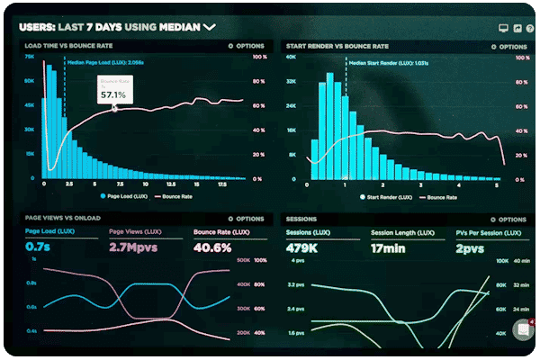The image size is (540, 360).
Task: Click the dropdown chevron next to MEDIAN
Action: coord(210,27)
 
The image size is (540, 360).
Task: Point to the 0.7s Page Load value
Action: coord(38,246)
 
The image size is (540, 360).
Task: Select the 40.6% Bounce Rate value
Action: coord(212,246)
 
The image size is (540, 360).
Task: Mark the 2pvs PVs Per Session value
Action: coord(471,246)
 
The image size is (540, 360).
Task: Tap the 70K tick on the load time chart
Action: coord(29,57)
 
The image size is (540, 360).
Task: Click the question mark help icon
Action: coord(519,28)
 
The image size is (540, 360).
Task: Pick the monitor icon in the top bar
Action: coord(492,28)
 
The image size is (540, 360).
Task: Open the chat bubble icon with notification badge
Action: coord(523,330)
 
